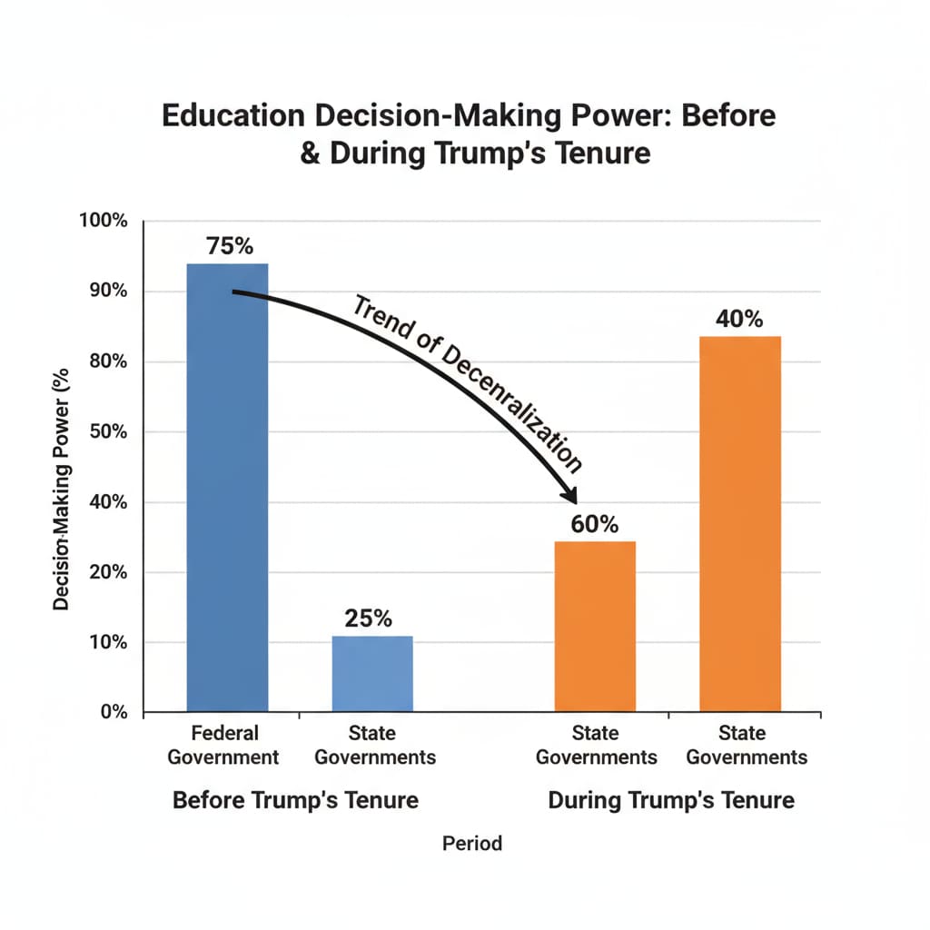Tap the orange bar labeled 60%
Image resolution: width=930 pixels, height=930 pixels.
click(x=595, y=626)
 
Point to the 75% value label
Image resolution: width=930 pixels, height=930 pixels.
click(x=229, y=246)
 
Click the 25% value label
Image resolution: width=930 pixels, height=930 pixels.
click(x=369, y=618)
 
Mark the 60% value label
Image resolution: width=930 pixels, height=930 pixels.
click(x=595, y=524)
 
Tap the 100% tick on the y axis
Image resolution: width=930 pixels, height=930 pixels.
click(x=104, y=222)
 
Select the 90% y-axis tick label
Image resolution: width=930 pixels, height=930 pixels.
click(x=107, y=292)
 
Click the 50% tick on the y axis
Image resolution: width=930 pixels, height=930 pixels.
click(x=107, y=431)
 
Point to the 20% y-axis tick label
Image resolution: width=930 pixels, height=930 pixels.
click(x=107, y=572)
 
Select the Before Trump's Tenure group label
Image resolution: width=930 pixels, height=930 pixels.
click(x=295, y=800)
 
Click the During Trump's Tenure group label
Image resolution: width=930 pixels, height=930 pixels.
click(x=671, y=800)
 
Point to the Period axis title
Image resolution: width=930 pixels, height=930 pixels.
click(x=471, y=843)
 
